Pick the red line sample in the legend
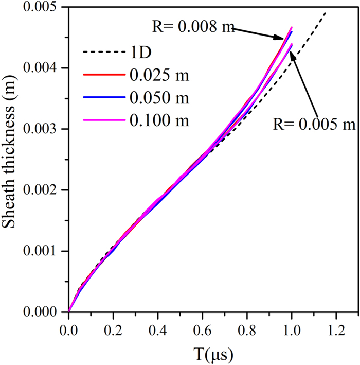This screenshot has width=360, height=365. [100, 75]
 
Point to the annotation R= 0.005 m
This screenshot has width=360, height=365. [314, 124]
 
